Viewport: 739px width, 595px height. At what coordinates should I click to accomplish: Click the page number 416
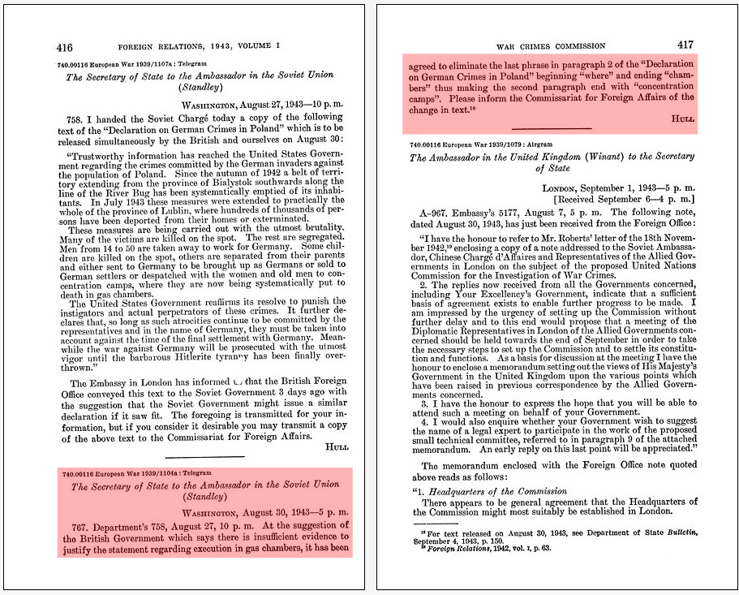click(64, 46)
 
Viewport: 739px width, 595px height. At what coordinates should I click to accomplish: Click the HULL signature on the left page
click(335, 446)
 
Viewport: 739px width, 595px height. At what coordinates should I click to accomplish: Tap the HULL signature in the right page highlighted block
click(682, 119)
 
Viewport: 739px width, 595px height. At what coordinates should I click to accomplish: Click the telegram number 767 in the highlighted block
click(79, 525)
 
